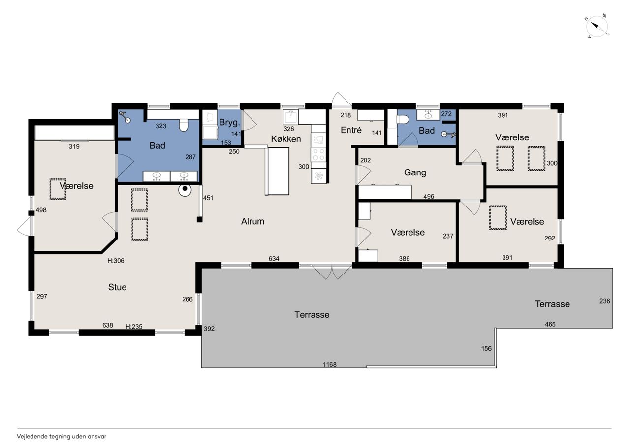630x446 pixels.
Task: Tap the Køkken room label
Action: (x=286, y=139)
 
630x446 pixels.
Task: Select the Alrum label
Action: (x=252, y=221)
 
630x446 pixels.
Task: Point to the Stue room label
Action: (x=117, y=287)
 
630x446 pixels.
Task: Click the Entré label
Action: (x=351, y=130)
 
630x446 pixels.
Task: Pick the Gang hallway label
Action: (x=415, y=172)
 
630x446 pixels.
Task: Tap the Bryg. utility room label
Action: (x=229, y=123)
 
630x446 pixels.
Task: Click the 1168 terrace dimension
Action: (x=329, y=364)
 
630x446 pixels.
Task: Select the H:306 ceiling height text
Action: (x=116, y=261)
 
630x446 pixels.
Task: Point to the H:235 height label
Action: (x=134, y=327)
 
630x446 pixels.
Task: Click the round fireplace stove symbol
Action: (x=185, y=190)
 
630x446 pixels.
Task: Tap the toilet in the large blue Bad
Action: (x=184, y=125)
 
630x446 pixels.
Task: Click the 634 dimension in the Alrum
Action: (x=274, y=258)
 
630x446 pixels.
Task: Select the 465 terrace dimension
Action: (x=550, y=324)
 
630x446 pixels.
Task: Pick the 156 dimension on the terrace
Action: (x=486, y=348)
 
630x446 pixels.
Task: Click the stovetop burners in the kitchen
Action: (x=318, y=154)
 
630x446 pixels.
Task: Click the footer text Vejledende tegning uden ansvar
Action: (x=62, y=437)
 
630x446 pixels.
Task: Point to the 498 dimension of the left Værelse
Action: (x=41, y=210)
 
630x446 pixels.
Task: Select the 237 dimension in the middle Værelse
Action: (x=448, y=236)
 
